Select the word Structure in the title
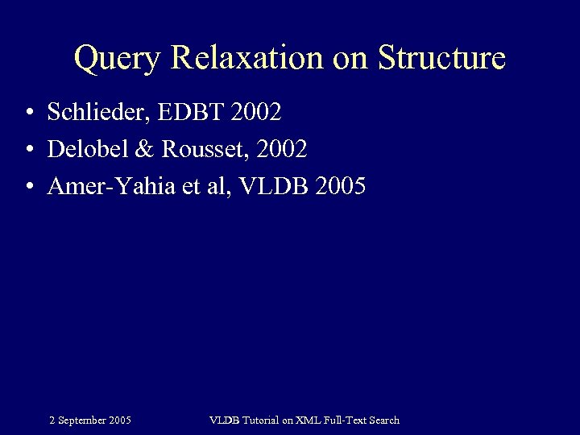point(441,59)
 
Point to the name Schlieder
point(97,113)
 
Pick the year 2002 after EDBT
point(255,113)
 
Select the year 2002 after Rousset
point(281,150)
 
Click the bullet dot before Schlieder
point(28,114)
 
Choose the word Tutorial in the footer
point(257,420)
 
